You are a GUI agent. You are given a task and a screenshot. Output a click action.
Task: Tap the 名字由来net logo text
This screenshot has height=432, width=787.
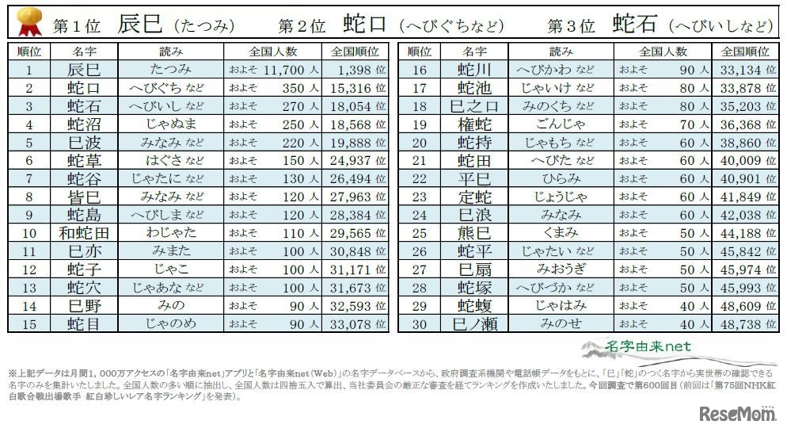(648, 346)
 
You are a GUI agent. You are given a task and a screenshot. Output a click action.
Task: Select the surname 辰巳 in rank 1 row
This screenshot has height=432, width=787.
(84, 69)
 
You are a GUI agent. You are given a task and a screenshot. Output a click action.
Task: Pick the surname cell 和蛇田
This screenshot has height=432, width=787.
(84, 233)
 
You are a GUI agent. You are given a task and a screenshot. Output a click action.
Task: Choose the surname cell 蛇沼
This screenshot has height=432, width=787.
(84, 124)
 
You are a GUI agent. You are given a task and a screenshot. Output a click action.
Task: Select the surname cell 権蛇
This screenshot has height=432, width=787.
(474, 124)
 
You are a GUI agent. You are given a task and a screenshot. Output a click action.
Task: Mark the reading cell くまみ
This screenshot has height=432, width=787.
(560, 233)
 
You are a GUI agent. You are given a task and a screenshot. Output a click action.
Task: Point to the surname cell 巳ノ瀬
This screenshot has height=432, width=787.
(474, 323)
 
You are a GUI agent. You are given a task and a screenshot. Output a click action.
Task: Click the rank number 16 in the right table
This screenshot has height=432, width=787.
(420, 69)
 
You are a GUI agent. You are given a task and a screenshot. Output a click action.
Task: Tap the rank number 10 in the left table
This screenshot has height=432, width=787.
(29, 233)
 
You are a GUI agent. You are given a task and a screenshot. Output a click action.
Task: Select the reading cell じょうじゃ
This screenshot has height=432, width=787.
(560, 197)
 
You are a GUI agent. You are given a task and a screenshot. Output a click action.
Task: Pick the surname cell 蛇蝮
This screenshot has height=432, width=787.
(474, 305)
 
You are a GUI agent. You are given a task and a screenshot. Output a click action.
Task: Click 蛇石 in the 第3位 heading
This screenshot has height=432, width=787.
(635, 24)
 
